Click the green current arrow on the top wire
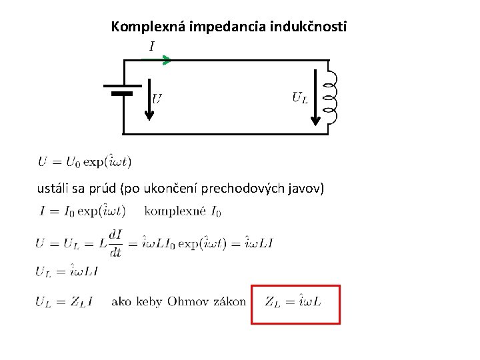(x=157, y=60)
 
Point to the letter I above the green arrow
(x=152, y=47)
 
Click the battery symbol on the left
(x=122, y=89)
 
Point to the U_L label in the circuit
(x=299, y=98)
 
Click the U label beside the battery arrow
(x=157, y=99)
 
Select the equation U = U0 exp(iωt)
(x=85, y=161)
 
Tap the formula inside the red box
(x=293, y=302)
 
